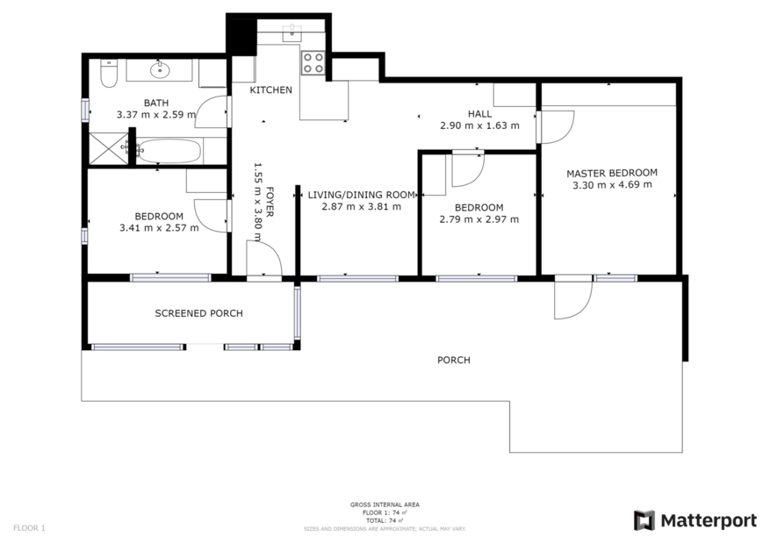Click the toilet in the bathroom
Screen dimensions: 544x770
click(x=108, y=74)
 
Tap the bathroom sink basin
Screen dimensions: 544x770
click(x=160, y=71)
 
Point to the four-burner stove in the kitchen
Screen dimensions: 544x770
click(x=313, y=62)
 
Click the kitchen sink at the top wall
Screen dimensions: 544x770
click(x=292, y=33)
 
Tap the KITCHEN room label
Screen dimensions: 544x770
click(x=270, y=90)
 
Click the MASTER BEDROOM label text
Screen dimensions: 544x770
click(x=611, y=173)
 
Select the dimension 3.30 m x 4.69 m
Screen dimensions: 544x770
click(x=611, y=185)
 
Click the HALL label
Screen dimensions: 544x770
click(x=479, y=114)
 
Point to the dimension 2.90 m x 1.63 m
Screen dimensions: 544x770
click(x=479, y=125)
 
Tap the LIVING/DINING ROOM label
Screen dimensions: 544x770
click(x=361, y=195)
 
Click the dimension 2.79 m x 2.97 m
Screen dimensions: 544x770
click(x=479, y=219)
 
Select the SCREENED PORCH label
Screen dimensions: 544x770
click(x=198, y=313)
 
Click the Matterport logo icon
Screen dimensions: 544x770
click(x=644, y=520)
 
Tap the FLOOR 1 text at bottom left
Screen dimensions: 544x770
click(x=29, y=528)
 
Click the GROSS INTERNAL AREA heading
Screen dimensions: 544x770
click(x=385, y=505)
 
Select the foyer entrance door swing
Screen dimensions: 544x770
click(x=263, y=260)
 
